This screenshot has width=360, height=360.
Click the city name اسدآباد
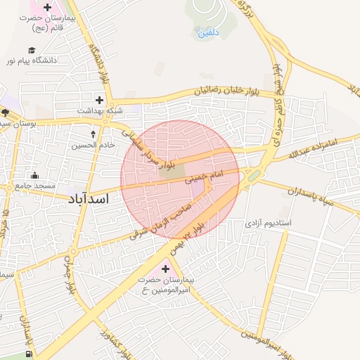[x=89, y=199]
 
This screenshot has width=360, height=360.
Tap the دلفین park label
[x=209, y=32]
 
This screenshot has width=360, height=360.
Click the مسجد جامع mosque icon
[x=34, y=175]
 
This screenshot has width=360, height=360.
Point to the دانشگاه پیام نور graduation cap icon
[x=32, y=50]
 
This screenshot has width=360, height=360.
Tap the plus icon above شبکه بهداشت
[x=99, y=100]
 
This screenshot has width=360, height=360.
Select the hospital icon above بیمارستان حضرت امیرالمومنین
[x=166, y=268]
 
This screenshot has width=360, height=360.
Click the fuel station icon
[x=29, y=354]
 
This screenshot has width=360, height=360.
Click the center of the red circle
[x=180, y=180]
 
